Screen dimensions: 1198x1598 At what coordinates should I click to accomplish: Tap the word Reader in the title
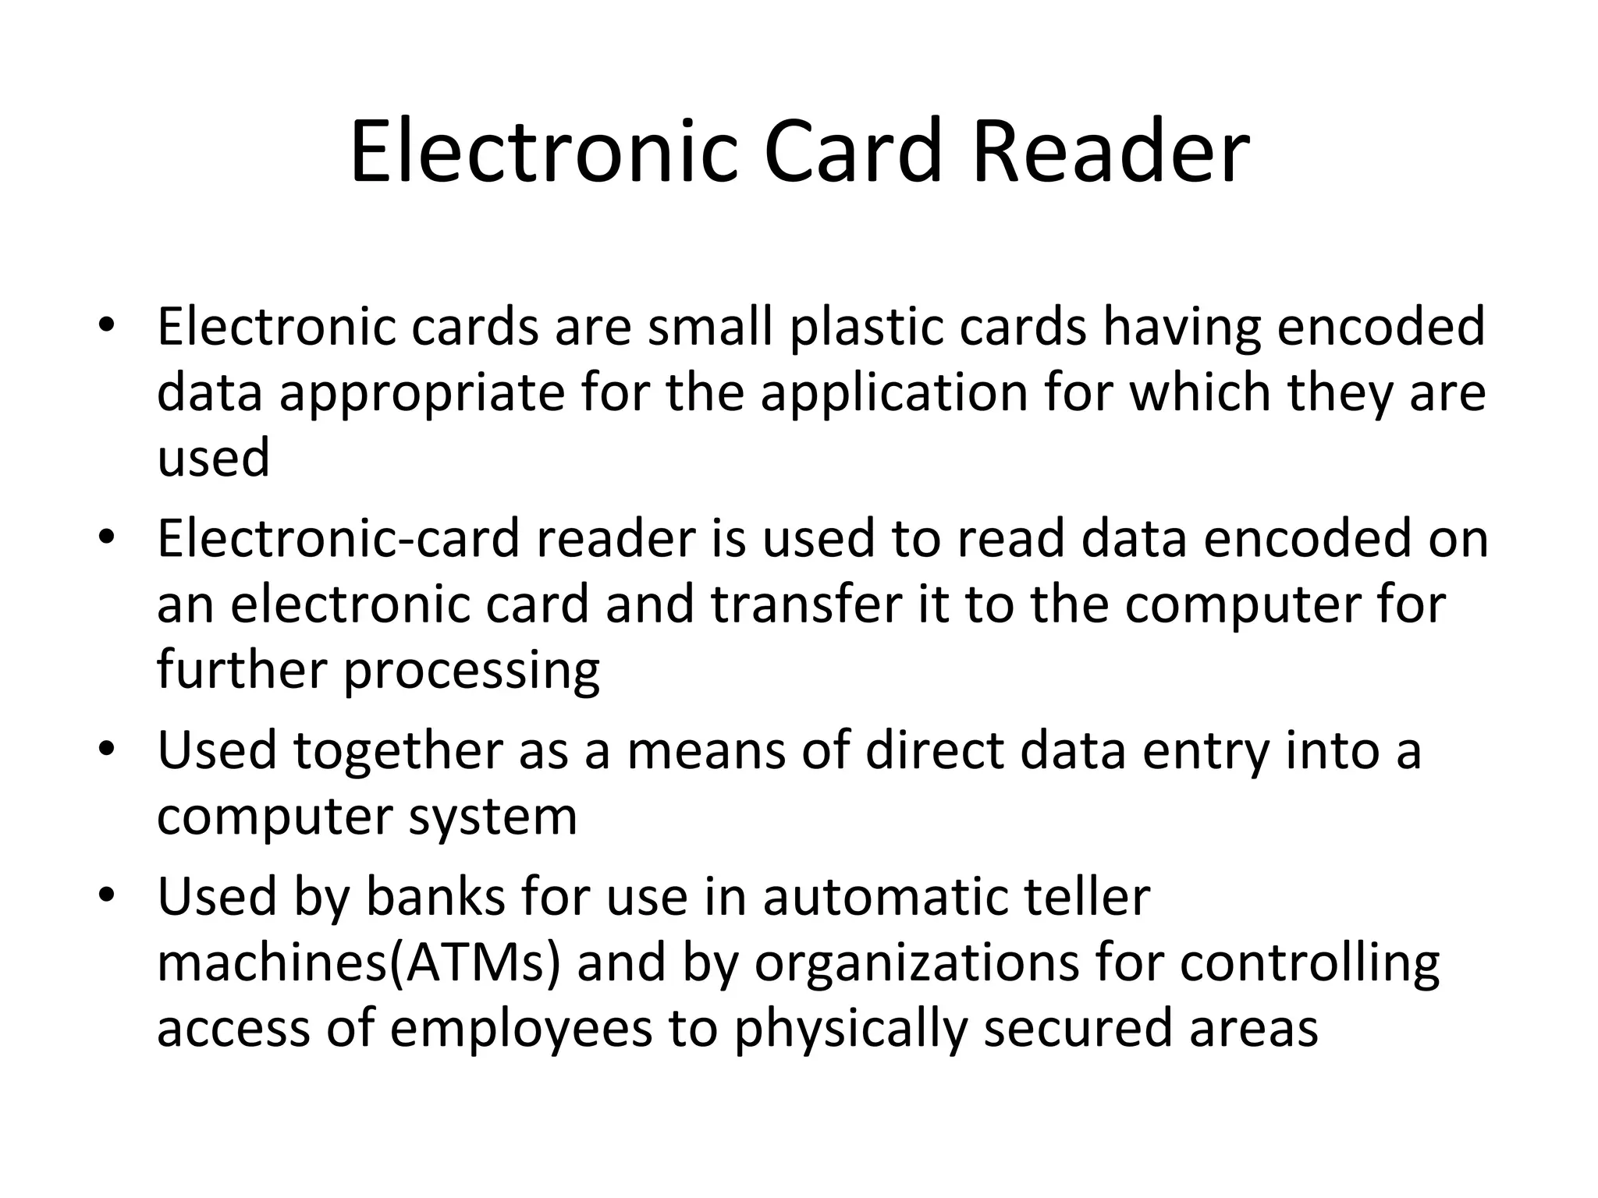point(1111,151)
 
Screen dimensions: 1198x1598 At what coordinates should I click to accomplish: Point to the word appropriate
point(421,392)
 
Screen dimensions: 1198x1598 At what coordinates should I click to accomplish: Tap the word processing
point(471,670)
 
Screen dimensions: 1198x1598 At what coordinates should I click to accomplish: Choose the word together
point(398,751)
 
